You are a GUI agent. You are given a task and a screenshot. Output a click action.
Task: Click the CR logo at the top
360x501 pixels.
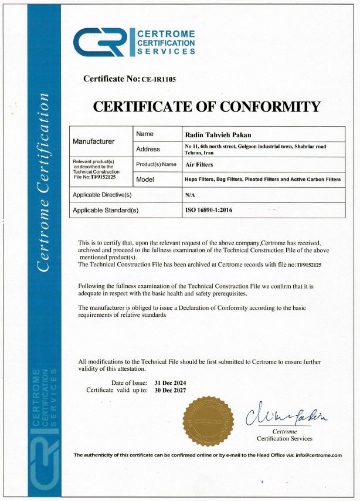[100, 42]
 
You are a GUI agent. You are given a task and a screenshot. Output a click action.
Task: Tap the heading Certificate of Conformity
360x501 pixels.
[207, 107]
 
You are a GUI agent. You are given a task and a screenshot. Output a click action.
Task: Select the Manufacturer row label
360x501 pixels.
[94, 141]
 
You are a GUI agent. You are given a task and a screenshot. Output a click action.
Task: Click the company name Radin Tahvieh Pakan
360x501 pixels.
[210, 134]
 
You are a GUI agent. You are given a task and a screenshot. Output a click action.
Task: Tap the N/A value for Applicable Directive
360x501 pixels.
[189, 194]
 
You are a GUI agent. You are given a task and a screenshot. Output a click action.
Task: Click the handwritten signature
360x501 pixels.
[287, 415]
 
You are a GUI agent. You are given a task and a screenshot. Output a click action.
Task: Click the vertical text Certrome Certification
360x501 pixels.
[42, 182]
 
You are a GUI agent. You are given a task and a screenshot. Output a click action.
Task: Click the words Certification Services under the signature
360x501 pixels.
[284, 439]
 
